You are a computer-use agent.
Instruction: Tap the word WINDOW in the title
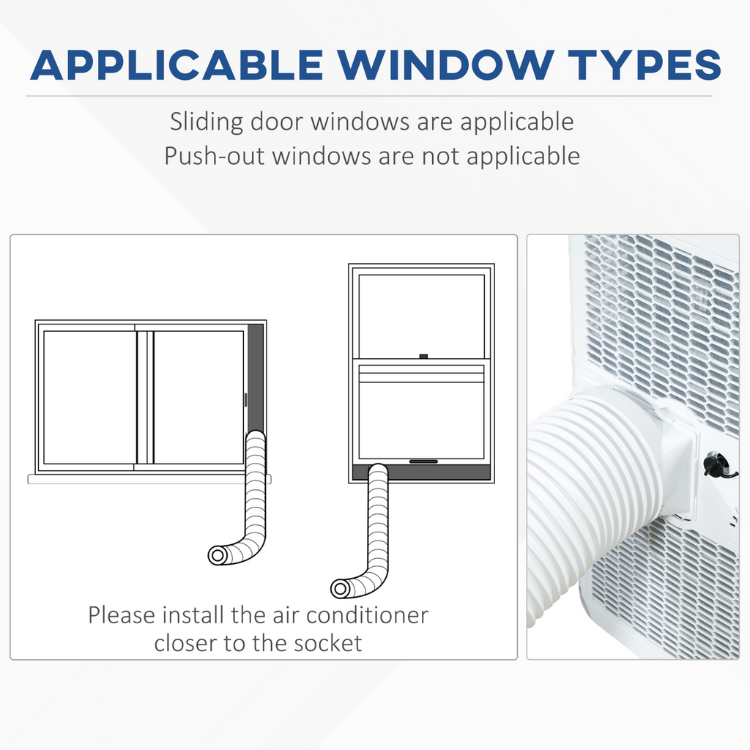tap(446, 64)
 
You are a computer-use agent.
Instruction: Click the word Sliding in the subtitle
tap(207, 122)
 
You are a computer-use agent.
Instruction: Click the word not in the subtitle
tap(440, 157)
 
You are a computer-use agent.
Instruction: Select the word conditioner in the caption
tap(368, 615)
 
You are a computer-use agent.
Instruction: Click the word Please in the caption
tap(122, 615)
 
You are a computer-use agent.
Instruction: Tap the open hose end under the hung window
tap(340, 588)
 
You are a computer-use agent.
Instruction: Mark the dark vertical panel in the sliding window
tap(256, 378)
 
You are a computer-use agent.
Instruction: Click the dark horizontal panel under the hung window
tap(421, 472)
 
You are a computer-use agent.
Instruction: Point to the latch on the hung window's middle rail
tap(423, 357)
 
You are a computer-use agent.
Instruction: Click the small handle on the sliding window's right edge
tap(246, 400)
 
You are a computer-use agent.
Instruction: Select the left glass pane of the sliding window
tap(90, 398)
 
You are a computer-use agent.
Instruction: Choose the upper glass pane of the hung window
tap(421, 316)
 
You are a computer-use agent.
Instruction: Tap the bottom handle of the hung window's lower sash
tap(423, 461)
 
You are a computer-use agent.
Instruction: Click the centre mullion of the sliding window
tap(145, 398)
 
